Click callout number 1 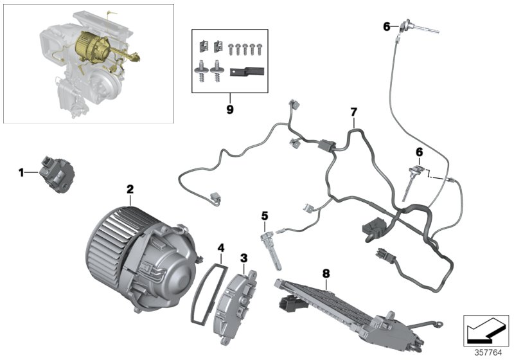21,172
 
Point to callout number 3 244,258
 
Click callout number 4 220,247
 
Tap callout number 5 264,216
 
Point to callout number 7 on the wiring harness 353,113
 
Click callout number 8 326,273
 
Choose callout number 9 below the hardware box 229,109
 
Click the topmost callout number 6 387,26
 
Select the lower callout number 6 420,152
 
